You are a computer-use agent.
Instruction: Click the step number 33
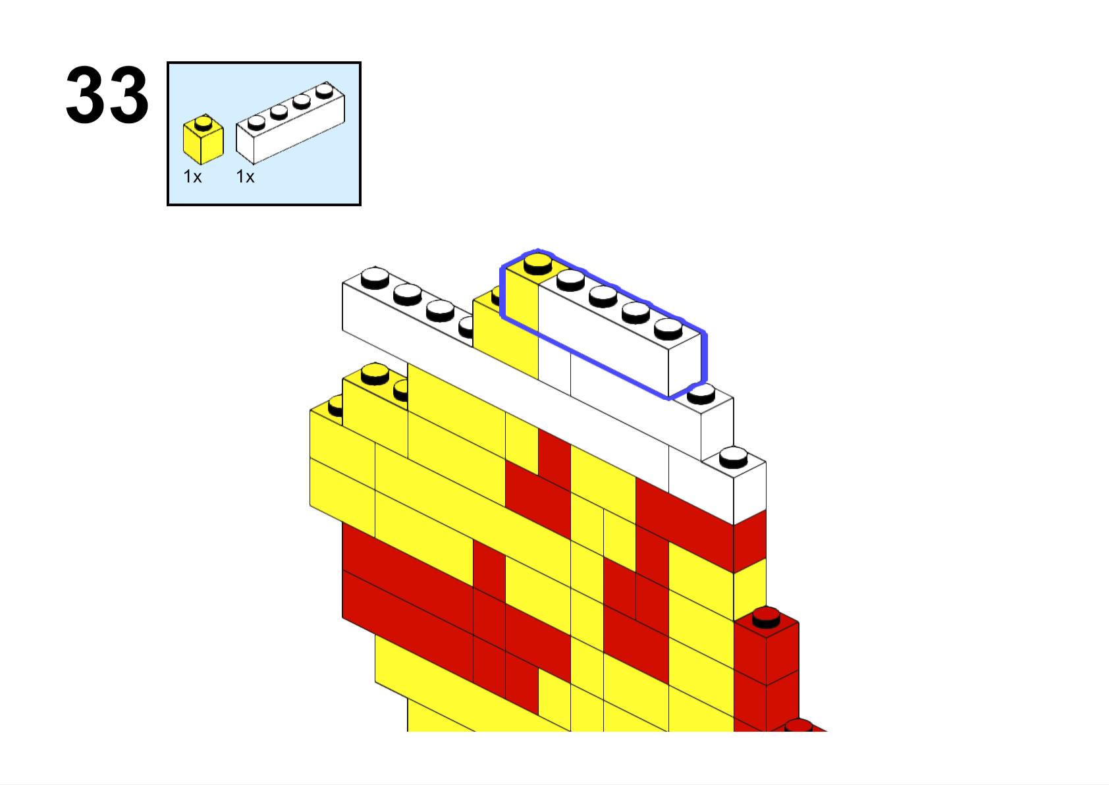[x=107, y=95]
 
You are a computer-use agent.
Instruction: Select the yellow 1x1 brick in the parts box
[x=203, y=141]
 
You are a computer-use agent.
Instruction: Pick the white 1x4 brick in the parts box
[x=290, y=125]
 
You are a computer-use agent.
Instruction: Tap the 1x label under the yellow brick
[x=192, y=176]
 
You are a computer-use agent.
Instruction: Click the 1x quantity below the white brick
[x=245, y=176]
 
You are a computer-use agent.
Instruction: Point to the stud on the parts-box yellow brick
[x=203, y=122]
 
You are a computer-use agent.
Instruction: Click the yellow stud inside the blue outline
[x=537, y=263]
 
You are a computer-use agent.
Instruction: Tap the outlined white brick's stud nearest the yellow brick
[x=570, y=279]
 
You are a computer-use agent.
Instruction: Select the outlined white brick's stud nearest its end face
[x=668, y=327]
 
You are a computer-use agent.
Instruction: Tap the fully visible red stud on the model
[x=766, y=616]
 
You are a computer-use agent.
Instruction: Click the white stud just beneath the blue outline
[x=701, y=393]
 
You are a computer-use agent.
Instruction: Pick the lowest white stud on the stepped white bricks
[x=733, y=456]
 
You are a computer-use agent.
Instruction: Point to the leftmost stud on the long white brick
[x=375, y=277]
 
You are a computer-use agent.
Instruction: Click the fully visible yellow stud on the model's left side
[x=375, y=373]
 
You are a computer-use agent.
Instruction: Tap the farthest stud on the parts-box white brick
[x=324, y=90]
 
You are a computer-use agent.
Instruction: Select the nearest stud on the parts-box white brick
[x=256, y=122]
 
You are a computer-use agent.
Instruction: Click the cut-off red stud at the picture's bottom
[x=798, y=725]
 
